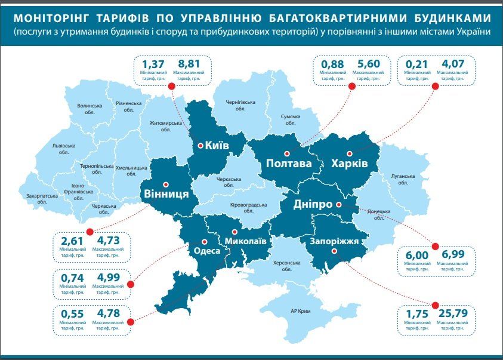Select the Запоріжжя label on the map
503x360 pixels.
coord(334,241)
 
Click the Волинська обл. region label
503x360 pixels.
coord(90,109)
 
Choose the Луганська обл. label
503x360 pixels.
coord(403,180)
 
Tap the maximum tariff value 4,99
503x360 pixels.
coord(108,278)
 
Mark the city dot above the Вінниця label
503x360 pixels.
coord(165,184)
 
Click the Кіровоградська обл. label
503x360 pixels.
coord(248,207)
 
